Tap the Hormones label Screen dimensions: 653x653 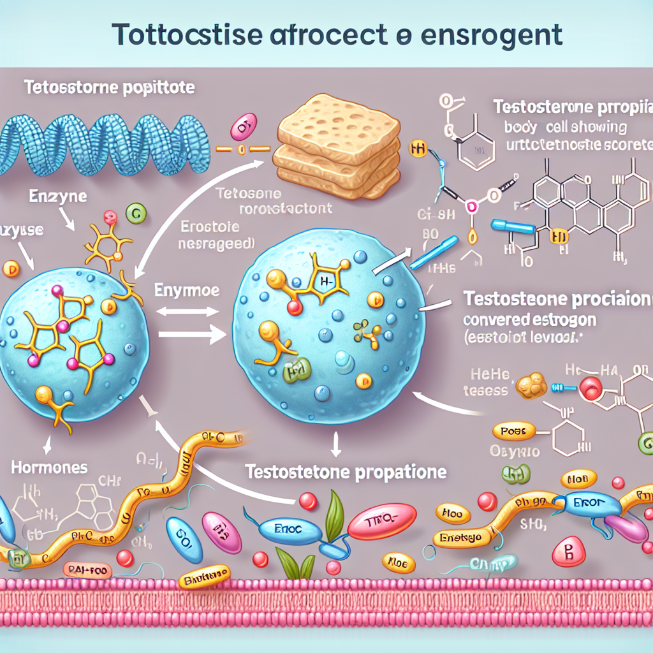49,467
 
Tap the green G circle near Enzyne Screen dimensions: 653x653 134,213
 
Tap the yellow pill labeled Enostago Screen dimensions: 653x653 462,539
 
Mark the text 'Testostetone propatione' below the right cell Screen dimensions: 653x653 346,474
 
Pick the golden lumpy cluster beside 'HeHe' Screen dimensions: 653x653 531,385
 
